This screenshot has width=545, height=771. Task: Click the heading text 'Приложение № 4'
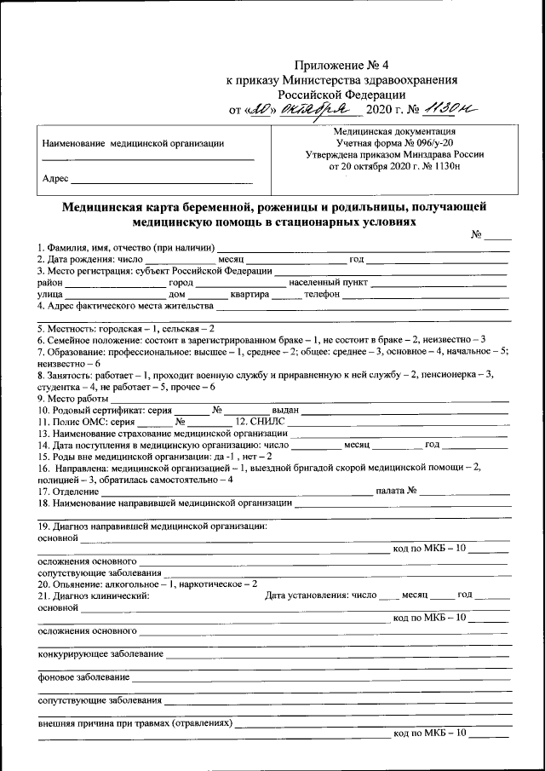(341, 65)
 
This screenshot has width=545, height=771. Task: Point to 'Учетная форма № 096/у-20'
(395, 143)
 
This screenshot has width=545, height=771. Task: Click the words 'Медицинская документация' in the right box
(395, 131)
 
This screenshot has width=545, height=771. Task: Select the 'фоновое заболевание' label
(83, 677)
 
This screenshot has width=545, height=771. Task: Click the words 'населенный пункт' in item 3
(329, 282)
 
